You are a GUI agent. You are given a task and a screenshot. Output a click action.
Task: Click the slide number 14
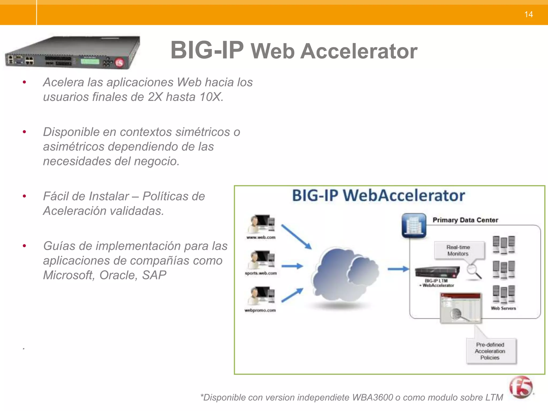tap(528, 14)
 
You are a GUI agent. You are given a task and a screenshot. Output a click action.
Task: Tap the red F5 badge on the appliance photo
tap(119, 63)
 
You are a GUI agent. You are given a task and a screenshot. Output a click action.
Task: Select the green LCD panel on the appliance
tap(90, 61)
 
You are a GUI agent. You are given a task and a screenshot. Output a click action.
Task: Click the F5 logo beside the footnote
tap(521, 387)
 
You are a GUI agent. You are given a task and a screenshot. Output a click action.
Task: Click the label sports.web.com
tap(261, 273)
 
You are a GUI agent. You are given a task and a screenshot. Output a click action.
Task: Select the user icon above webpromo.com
tap(261, 296)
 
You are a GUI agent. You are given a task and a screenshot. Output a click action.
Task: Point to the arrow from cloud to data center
tap(398, 269)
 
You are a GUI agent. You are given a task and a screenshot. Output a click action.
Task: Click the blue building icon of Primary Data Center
tap(414, 225)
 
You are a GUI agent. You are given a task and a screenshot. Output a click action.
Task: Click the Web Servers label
tap(503, 308)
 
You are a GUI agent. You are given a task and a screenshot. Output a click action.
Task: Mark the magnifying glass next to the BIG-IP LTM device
tap(474, 271)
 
